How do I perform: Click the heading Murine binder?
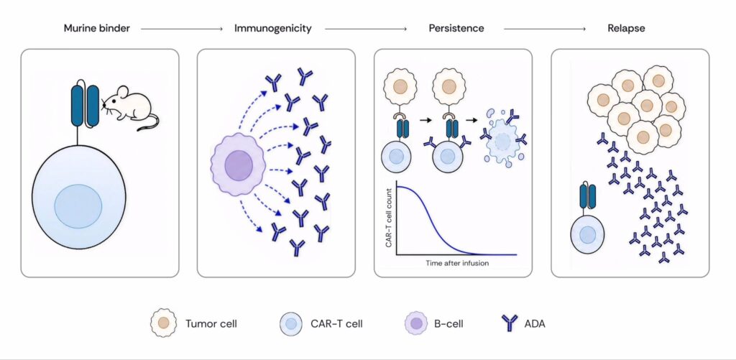point(97,28)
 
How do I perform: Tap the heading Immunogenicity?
point(273,28)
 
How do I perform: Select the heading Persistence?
point(456,28)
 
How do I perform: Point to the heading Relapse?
point(626,28)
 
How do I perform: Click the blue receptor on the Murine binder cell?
point(85,106)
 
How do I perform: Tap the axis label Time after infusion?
point(457,263)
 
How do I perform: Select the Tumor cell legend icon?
point(164,323)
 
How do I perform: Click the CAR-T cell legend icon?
point(292,323)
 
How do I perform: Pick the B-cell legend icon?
point(415,323)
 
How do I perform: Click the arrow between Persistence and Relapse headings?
point(545,29)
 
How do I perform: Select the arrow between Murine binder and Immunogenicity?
point(182,29)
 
